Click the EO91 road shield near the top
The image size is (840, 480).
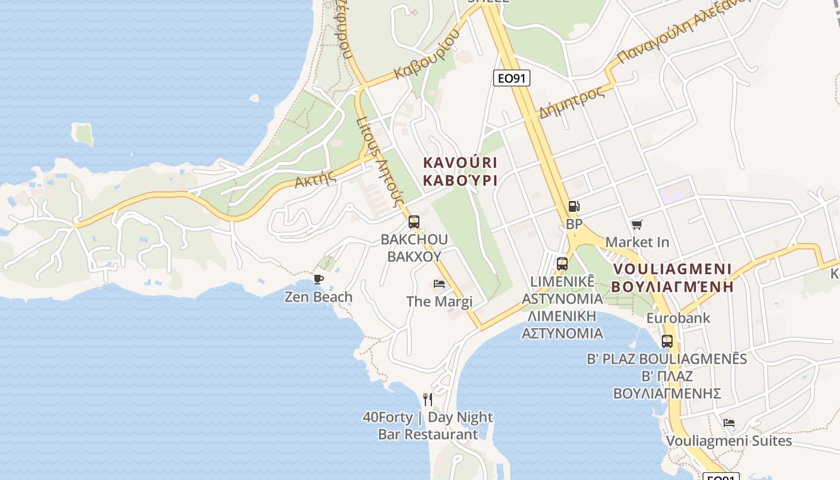click(x=511, y=77)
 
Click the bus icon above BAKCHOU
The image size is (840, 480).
click(x=414, y=222)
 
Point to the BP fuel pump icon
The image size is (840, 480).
click(x=574, y=206)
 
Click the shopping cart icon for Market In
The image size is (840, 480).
click(x=637, y=225)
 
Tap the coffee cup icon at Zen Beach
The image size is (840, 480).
click(x=319, y=279)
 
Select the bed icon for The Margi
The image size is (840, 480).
click(x=439, y=283)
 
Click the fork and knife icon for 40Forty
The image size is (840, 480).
click(x=428, y=399)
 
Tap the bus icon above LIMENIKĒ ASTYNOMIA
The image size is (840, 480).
click(x=562, y=263)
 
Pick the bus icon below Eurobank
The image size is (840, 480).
click(x=667, y=341)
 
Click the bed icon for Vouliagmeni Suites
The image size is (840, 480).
click(x=729, y=423)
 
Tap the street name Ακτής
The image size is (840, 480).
click(x=315, y=178)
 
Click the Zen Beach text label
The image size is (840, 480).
click(x=319, y=297)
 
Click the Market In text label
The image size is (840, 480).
click(x=637, y=242)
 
